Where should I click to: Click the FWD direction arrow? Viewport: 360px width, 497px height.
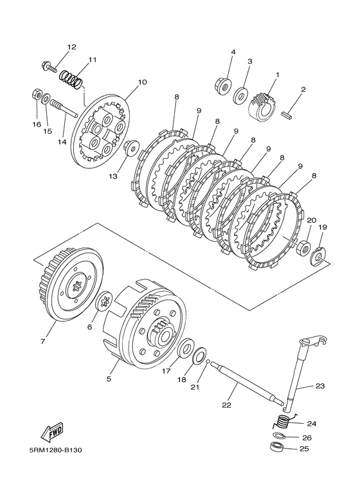coord(52,433)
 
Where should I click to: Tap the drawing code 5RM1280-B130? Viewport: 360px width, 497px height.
coord(53,451)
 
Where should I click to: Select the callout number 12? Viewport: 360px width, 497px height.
coord(71,47)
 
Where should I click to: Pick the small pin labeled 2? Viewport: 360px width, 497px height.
coord(288,114)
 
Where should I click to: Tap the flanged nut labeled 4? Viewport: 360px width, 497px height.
coord(223,86)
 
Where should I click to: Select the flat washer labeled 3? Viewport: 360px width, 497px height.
coord(242,95)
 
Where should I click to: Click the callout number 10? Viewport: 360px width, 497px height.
coord(142,82)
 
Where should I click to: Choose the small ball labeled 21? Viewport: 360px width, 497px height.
coord(208,361)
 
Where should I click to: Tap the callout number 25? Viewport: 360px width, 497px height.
coord(303,449)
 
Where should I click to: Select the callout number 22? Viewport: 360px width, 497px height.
coord(226,405)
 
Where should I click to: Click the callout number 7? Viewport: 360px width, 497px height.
coord(43,341)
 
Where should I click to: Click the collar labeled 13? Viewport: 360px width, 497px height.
coord(130,147)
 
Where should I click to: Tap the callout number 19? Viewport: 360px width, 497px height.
coord(323,227)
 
